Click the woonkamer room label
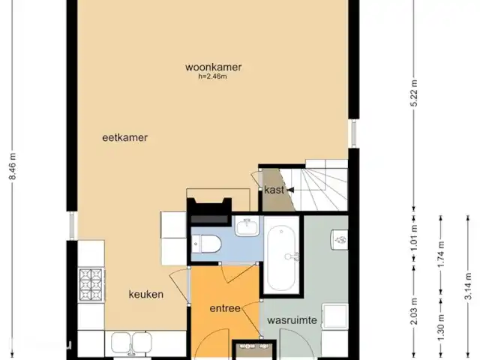213,67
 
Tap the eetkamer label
125,137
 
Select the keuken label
146,295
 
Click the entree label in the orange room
225,308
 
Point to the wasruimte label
292,320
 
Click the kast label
274,190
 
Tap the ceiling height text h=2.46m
213,76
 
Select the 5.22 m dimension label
414,93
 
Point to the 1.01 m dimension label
414,238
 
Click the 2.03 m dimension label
414,311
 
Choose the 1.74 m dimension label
441,254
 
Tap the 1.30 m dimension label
441,327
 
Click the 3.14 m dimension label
468,286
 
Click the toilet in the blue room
206,244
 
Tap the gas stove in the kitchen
91,284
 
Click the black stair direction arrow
290,190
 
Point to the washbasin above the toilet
247,226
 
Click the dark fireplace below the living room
210,211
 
